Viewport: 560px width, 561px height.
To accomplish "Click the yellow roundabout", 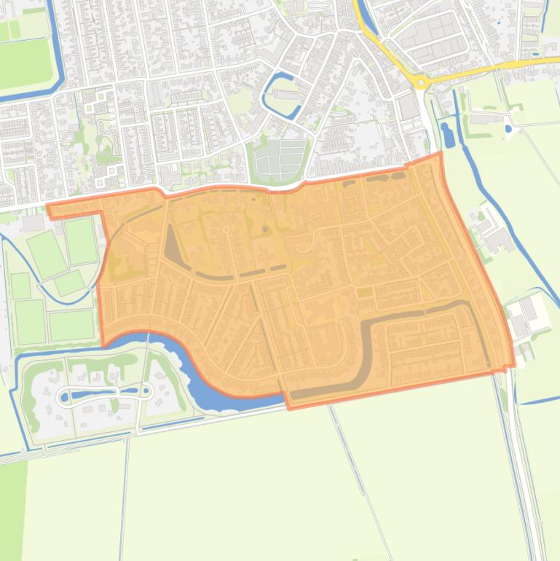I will pos(421,81).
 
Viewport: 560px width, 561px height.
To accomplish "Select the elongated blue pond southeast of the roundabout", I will pos(446,134).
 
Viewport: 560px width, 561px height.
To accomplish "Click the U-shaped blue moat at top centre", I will pos(280,95).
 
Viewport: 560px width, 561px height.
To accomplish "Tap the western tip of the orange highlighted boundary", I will pos(48,207).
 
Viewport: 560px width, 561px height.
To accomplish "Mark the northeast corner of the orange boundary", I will pos(440,154).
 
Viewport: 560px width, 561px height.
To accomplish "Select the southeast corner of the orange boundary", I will pos(513,366).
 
